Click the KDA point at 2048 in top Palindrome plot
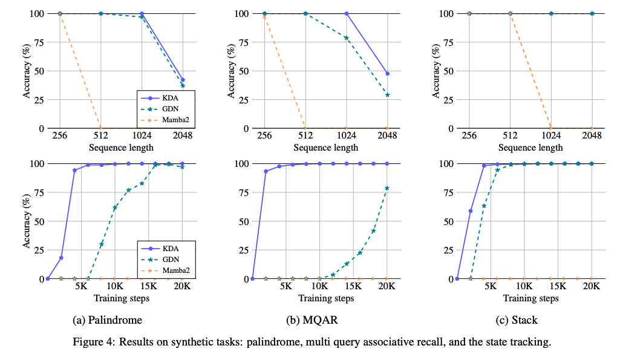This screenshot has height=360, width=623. pos(183,80)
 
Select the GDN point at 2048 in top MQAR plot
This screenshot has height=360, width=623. pos(387,95)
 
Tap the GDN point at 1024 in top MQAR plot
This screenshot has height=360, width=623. pos(346,38)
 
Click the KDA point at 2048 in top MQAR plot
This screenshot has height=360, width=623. pos(387,73)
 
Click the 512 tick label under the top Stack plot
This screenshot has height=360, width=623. pos(510,136)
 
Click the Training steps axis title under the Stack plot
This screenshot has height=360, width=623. pos(530,298)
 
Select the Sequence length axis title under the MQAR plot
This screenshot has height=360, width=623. pos(326,148)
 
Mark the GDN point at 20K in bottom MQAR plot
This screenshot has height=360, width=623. pos(387,188)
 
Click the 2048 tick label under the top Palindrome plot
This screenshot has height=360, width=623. pos(183,136)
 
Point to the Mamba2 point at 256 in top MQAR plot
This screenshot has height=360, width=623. pos(264,16)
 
